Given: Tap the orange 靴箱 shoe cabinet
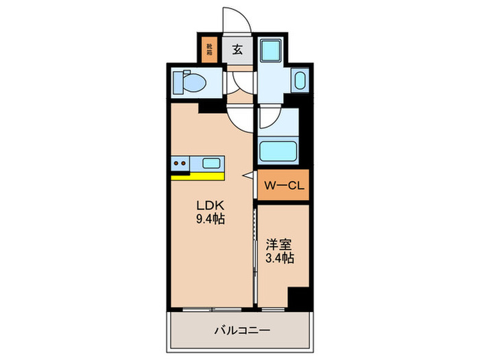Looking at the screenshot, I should [x=208, y=49].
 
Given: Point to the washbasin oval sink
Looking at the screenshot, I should [x=299, y=81].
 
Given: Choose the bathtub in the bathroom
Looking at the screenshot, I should [x=278, y=149].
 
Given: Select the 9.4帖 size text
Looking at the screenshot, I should [x=210, y=219].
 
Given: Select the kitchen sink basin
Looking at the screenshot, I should [x=211, y=163].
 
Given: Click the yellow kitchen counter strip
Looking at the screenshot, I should [x=197, y=176].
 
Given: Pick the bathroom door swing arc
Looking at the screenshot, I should [x=269, y=118].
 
